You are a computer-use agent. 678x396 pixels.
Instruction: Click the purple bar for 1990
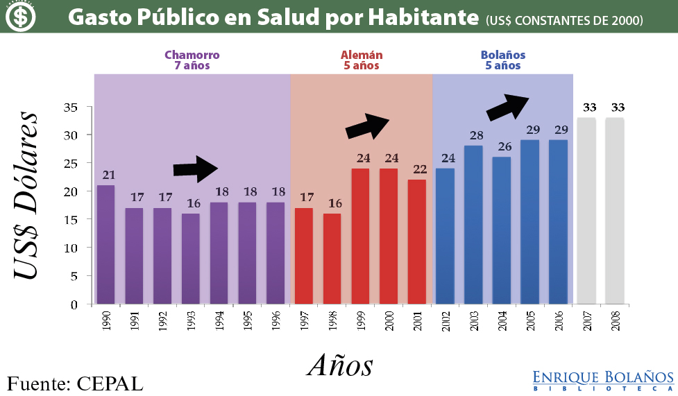pyautogui.click(x=105, y=244)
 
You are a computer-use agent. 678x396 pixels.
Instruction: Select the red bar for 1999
pyautogui.click(x=360, y=236)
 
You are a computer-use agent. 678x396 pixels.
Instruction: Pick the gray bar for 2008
pyautogui.click(x=615, y=211)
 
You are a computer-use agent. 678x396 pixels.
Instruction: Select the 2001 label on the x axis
pyautogui.click(x=416, y=320)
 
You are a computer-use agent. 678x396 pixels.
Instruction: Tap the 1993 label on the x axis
pyautogui.click(x=190, y=320)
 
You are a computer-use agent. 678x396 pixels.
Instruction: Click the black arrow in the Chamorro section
pyautogui.click(x=196, y=169)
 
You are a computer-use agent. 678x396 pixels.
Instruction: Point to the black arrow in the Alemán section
pyautogui.click(x=368, y=126)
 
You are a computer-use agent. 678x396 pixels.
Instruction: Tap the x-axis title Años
pyautogui.click(x=340, y=365)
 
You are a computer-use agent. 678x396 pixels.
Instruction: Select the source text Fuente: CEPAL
pyautogui.click(x=75, y=383)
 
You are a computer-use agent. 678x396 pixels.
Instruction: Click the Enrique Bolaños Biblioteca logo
pyautogui.click(x=602, y=380)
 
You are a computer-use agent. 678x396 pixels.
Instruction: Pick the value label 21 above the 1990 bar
pyautogui.click(x=108, y=175)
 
